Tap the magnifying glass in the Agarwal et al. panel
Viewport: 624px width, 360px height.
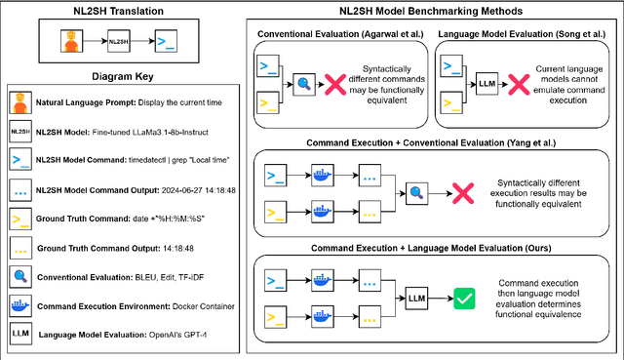303,85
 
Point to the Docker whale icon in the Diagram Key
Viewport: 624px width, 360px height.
20,306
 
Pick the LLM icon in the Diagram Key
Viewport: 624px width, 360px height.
20,335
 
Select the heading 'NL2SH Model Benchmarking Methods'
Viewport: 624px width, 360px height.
433,11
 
